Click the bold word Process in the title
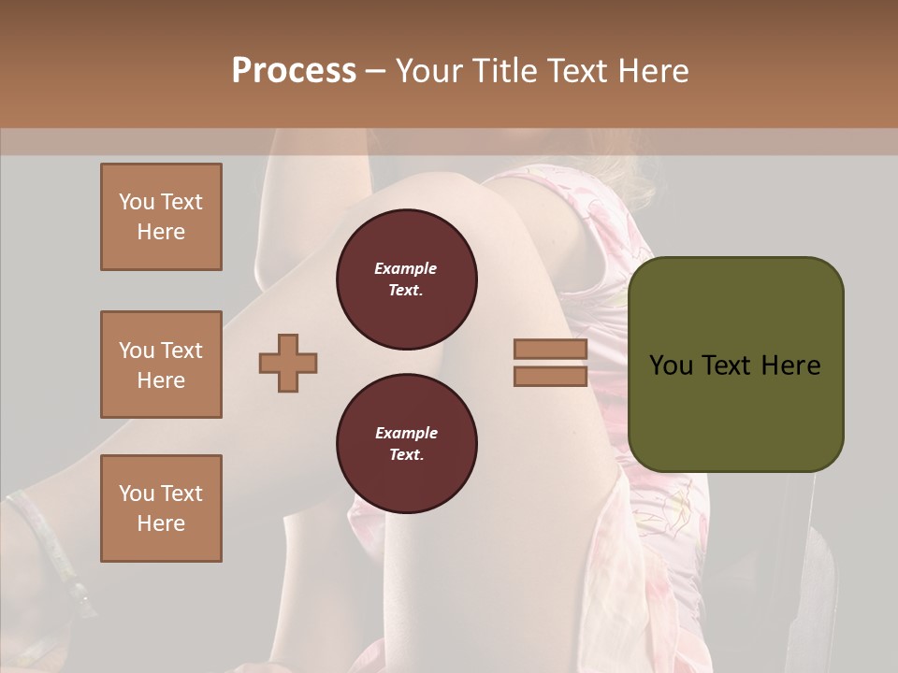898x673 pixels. pyautogui.click(x=294, y=71)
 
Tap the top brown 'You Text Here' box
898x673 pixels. pyautogui.click(x=161, y=217)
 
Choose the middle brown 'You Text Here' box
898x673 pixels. pyautogui.click(x=161, y=365)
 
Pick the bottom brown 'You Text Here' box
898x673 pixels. pyautogui.click(x=161, y=508)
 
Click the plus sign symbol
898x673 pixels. pyautogui.click(x=288, y=363)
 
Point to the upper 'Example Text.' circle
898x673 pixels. pyautogui.click(x=406, y=279)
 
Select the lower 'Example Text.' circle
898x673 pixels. pyautogui.click(x=406, y=444)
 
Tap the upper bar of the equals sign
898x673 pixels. pyautogui.click(x=550, y=350)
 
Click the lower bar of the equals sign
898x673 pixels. pyautogui.click(x=550, y=376)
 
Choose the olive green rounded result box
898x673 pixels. pyautogui.click(x=736, y=364)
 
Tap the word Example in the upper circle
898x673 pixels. pyautogui.click(x=406, y=268)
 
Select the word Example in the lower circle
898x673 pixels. pyautogui.click(x=406, y=433)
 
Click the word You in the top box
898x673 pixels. pyautogui.click(x=137, y=202)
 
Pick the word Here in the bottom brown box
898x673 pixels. pyautogui.click(x=161, y=523)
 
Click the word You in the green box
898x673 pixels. pyautogui.click(x=670, y=365)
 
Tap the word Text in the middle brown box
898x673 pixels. pyautogui.click(x=181, y=351)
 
